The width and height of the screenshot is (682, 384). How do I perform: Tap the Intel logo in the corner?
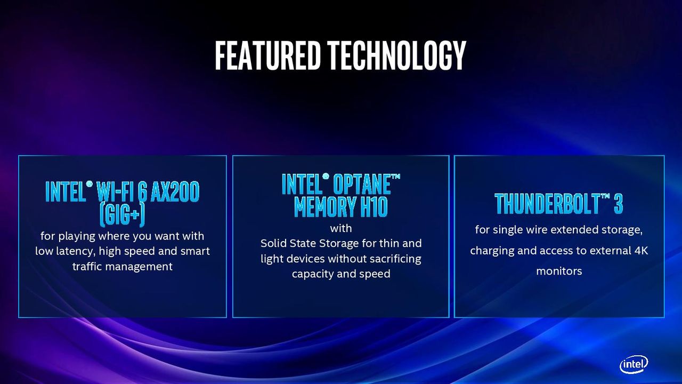634,364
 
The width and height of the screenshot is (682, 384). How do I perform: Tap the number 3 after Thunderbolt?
618,204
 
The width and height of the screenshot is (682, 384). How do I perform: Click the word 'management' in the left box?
139,267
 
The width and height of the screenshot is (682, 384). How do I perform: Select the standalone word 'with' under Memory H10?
340,228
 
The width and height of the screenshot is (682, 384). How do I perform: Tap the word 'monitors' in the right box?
559,271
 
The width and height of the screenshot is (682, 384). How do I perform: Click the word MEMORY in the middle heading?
325,207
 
